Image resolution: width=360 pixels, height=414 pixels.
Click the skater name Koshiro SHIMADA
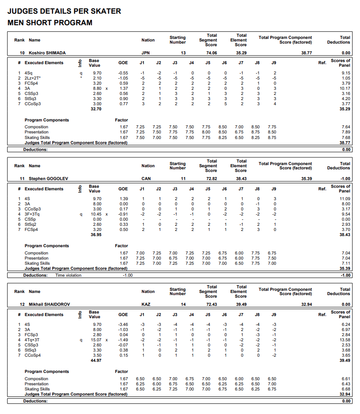pyautogui.click(x=47, y=53)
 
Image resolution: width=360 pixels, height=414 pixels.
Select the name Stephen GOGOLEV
pyautogui.click(x=48, y=178)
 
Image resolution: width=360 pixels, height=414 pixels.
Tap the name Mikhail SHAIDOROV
pyautogui.click(x=49, y=305)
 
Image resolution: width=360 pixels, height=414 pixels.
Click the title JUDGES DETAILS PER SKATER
pyautogui.click(x=64, y=12)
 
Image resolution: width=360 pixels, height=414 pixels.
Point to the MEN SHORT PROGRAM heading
pyautogui.click(x=50, y=23)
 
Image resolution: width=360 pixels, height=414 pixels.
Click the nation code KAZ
pyautogui.click(x=146, y=305)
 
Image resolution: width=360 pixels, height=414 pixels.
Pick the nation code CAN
pyautogui.click(x=146, y=178)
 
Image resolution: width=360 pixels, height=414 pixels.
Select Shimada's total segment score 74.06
pyautogui.click(x=211, y=53)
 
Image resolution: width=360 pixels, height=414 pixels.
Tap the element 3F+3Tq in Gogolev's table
pyautogui.click(x=33, y=214)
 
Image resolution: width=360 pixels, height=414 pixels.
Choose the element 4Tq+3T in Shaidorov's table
pyautogui.click(x=33, y=340)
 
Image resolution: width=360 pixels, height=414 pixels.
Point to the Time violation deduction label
pyautogui.click(x=68, y=275)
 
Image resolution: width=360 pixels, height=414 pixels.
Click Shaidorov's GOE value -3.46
pyautogui.click(x=122, y=325)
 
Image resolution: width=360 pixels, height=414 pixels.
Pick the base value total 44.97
pyautogui.click(x=96, y=361)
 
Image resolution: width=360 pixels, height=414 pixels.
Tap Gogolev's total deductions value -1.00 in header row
pyautogui.click(x=345, y=178)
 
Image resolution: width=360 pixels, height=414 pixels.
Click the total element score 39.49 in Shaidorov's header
pyautogui.click(x=242, y=305)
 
